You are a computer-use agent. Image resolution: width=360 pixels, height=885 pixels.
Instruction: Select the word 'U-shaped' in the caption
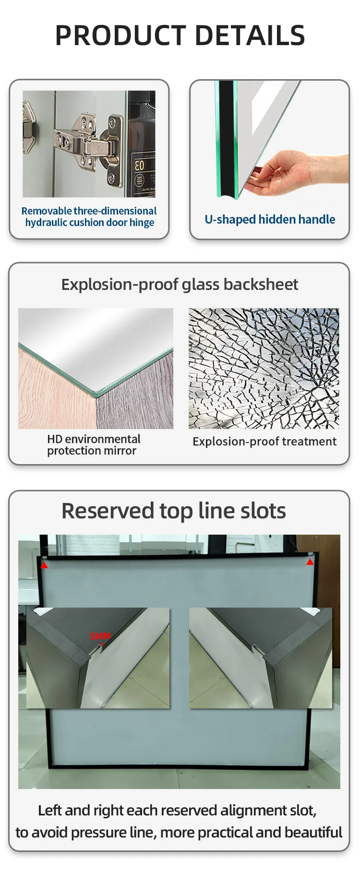click(230, 220)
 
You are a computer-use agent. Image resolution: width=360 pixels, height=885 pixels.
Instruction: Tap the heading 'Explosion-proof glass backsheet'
click(180, 285)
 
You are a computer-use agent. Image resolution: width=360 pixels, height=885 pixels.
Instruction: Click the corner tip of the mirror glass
click(96, 396)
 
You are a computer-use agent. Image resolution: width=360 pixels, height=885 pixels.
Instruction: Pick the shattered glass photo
click(264, 368)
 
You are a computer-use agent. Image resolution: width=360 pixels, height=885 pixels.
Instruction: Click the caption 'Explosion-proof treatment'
click(264, 442)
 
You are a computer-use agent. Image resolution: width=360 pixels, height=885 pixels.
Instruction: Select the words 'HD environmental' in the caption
click(94, 439)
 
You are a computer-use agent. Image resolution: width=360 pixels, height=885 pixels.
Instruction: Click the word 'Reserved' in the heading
click(108, 511)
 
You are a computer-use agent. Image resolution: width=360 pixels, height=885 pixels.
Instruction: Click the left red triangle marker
click(44, 565)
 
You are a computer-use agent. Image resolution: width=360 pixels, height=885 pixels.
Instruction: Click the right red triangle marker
click(310, 562)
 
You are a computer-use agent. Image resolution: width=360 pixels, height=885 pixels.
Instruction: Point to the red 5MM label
click(100, 636)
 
